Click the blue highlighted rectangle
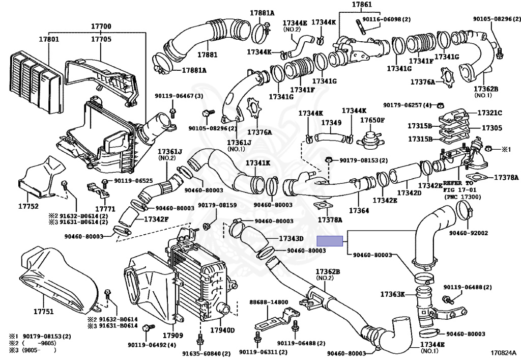pyautogui.click(x=330, y=241)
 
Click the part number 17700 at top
pyautogui.click(x=101, y=26)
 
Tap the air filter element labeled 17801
pyautogui.click(x=36, y=81)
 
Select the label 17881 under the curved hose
pyautogui.click(x=208, y=54)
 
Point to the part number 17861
pyautogui.click(x=362, y=5)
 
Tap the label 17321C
pyautogui.click(x=489, y=113)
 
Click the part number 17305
pyautogui.click(x=492, y=128)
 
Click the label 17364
pyautogui.click(x=359, y=210)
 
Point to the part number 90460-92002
pyautogui.click(x=469, y=233)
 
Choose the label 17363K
pyautogui.click(x=392, y=294)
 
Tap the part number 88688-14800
pyautogui.click(x=269, y=302)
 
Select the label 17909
pyautogui.click(x=173, y=335)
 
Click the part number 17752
pyautogui.click(x=28, y=206)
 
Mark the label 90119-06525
pyautogui.click(x=133, y=181)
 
